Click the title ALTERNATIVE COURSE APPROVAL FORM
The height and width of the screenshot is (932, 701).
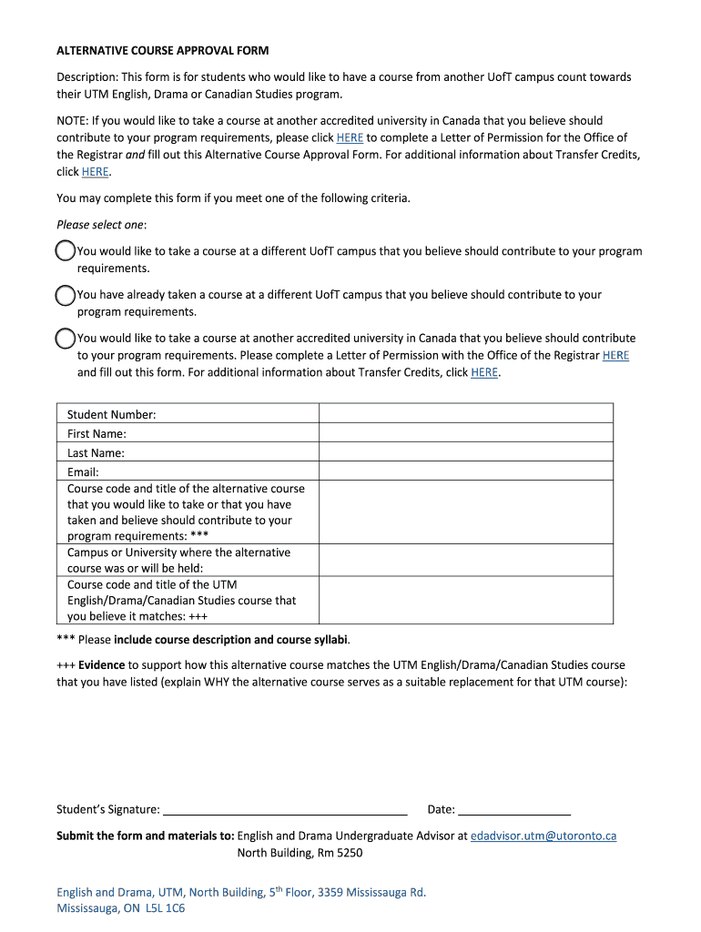(x=162, y=50)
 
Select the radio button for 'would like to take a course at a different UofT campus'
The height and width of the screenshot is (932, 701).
(x=66, y=251)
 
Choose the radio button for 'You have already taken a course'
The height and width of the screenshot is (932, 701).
(x=66, y=295)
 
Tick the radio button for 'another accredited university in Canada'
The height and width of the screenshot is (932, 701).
(x=66, y=339)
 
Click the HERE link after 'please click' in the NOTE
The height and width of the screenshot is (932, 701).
(x=350, y=137)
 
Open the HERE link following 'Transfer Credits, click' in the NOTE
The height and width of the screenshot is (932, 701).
(x=95, y=172)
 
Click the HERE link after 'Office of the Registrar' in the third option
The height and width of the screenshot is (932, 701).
(x=615, y=355)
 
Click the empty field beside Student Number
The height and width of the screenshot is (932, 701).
(x=465, y=414)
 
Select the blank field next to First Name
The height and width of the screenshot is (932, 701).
(x=465, y=433)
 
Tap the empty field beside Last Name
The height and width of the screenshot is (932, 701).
(x=465, y=452)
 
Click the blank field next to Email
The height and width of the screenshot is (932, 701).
(x=465, y=471)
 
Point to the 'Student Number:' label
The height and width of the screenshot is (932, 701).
(x=111, y=414)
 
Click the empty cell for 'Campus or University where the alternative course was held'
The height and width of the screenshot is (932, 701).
(x=465, y=561)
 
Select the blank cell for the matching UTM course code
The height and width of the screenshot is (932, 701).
(x=465, y=601)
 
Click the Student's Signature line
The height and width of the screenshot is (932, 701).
(x=284, y=809)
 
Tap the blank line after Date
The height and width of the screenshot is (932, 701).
(x=513, y=809)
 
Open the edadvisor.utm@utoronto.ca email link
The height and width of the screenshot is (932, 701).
(x=543, y=836)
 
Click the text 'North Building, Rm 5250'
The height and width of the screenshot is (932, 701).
(x=300, y=853)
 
